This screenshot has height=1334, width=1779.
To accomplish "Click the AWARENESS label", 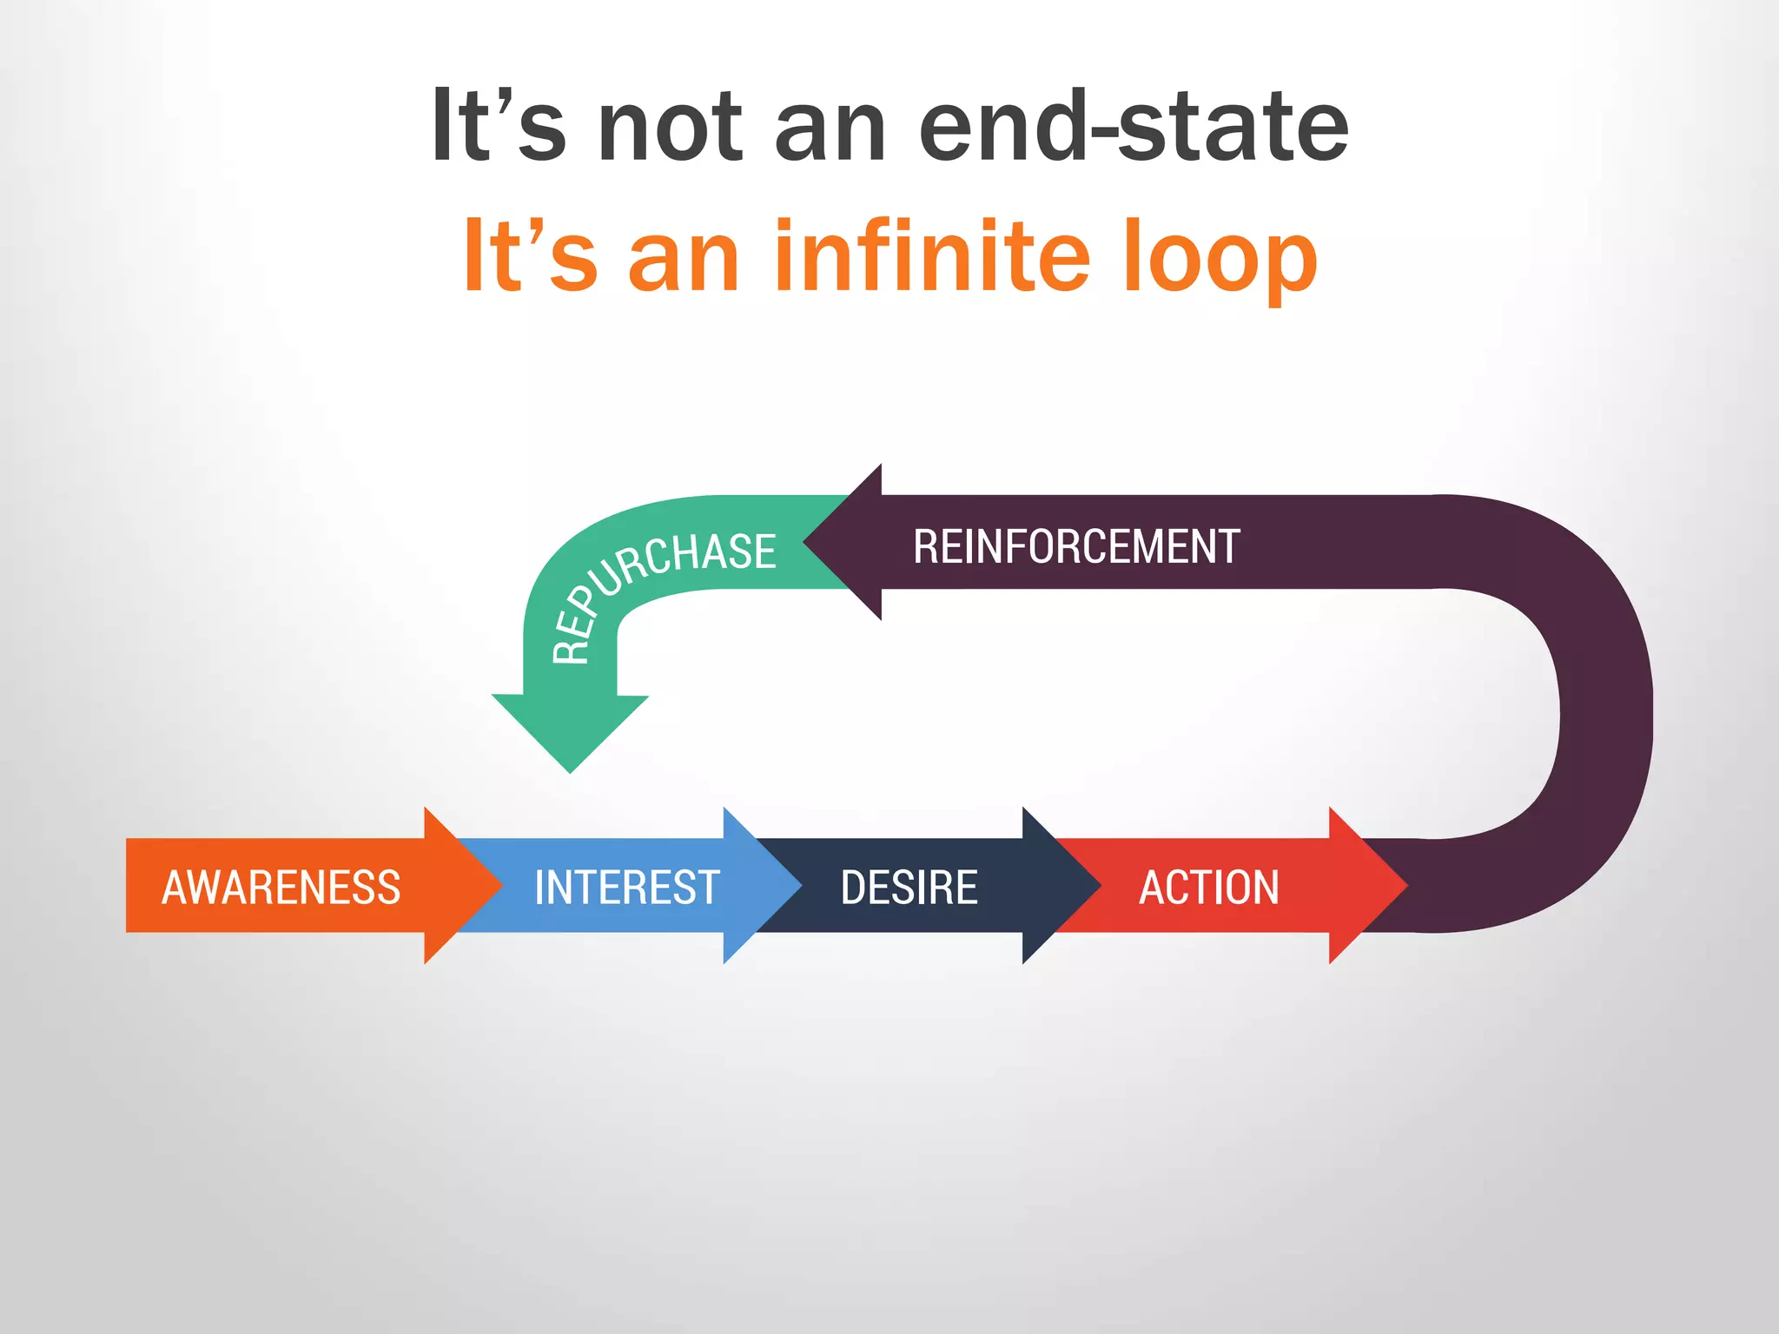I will click(x=281, y=887).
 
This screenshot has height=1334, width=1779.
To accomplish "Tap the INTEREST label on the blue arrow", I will click(x=626, y=887).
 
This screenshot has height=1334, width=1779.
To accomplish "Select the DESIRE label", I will click(x=909, y=887).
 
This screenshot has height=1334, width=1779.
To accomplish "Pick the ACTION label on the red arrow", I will click(x=1208, y=887).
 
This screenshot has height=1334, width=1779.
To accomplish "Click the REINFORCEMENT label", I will click(x=1075, y=546).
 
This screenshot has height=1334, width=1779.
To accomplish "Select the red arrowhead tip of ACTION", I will click(x=1377, y=886).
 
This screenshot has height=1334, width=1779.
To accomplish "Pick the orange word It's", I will click(x=531, y=256).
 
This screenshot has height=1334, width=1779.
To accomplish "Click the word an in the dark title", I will click(x=830, y=130).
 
